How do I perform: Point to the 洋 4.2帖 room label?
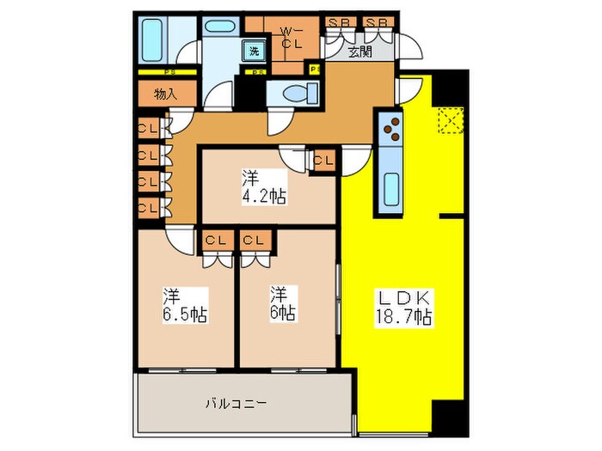[263, 187]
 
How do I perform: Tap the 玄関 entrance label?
[360, 52]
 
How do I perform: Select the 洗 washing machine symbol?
[255, 51]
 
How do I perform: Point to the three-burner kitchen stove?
[391, 127]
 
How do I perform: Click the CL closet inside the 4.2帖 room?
[323, 159]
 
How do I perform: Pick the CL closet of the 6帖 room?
[254, 241]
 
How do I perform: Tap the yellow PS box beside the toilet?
[313, 69]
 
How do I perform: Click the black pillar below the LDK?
[451, 417]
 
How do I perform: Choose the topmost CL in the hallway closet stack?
[146, 131]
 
